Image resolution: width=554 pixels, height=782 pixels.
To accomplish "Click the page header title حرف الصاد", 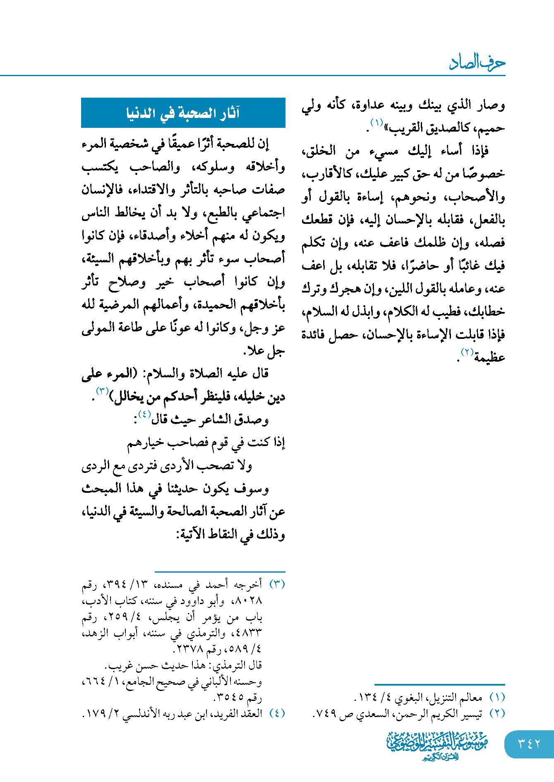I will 477,62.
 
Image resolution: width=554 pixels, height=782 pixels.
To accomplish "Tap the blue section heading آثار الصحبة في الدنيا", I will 183,113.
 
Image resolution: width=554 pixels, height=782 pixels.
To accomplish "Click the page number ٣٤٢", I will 529,744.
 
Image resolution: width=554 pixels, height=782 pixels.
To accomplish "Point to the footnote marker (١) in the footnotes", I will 497,697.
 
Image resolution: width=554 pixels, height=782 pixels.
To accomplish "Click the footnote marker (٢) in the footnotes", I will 497,714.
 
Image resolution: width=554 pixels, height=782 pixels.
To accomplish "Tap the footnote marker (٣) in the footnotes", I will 277,584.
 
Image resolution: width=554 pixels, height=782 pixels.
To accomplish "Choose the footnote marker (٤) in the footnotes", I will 277,713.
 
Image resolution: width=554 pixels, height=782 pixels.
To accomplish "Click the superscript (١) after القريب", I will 377,122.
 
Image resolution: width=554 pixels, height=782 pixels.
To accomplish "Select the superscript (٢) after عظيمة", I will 467,352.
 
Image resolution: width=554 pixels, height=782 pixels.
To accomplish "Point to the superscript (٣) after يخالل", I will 102,391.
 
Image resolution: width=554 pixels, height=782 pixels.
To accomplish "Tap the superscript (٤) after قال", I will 144,414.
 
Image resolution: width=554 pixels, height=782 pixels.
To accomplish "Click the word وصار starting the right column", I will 491,105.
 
